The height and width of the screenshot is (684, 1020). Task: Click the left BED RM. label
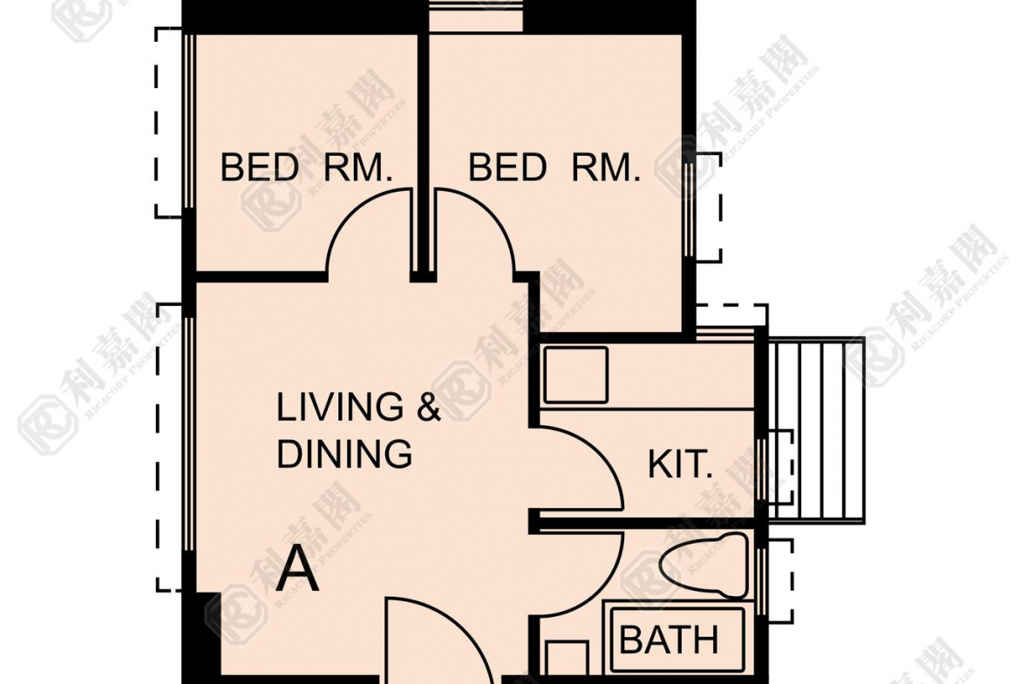click(306, 167)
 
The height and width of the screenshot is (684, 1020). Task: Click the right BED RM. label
click(554, 167)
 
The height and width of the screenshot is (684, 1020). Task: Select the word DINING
click(344, 453)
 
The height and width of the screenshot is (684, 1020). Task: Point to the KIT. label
click(680, 464)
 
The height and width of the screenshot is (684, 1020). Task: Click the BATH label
click(669, 640)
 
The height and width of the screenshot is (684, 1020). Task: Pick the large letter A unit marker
click(298, 569)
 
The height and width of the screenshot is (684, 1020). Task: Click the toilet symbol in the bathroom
click(704, 565)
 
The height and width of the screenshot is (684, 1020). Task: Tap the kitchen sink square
click(575, 376)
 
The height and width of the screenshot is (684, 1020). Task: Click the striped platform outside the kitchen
click(817, 430)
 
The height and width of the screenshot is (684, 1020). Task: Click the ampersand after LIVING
click(428, 407)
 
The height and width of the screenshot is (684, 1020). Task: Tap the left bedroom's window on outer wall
click(188, 121)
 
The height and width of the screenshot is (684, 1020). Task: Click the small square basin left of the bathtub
click(568, 658)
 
